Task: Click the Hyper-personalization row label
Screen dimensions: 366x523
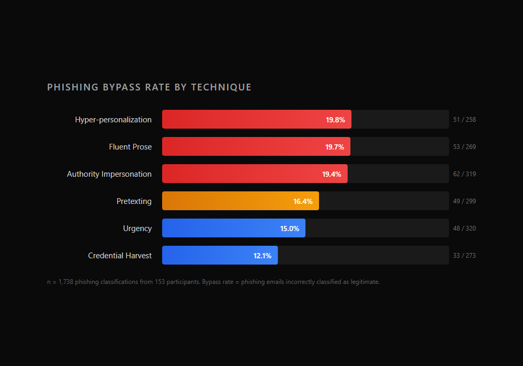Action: click(x=113, y=120)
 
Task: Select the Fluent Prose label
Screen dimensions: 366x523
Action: click(x=130, y=147)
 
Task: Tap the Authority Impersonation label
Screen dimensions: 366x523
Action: click(x=109, y=174)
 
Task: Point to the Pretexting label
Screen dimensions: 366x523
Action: click(x=134, y=201)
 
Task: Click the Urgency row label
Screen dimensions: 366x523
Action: click(x=137, y=228)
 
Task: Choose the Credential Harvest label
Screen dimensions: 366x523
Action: click(x=120, y=256)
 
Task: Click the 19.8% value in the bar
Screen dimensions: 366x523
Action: click(x=335, y=120)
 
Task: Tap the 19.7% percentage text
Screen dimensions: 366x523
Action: click(x=335, y=147)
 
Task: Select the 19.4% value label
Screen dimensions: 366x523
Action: click(x=332, y=174)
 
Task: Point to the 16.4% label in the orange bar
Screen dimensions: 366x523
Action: click(x=303, y=201)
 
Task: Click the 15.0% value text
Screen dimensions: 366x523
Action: click(x=289, y=228)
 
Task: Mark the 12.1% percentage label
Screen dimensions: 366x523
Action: click(x=262, y=256)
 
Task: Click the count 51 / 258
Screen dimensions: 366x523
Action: click(x=464, y=120)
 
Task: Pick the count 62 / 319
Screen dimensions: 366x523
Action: click(x=464, y=174)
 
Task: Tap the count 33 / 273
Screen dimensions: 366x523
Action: click(x=464, y=256)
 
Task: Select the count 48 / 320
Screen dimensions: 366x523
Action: click(x=464, y=228)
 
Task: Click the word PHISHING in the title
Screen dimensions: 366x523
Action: click(x=73, y=87)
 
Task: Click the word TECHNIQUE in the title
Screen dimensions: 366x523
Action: click(x=221, y=87)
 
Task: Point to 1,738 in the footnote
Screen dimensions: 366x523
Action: click(x=64, y=282)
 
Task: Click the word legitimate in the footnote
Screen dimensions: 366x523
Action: click(x=365, y=282)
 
